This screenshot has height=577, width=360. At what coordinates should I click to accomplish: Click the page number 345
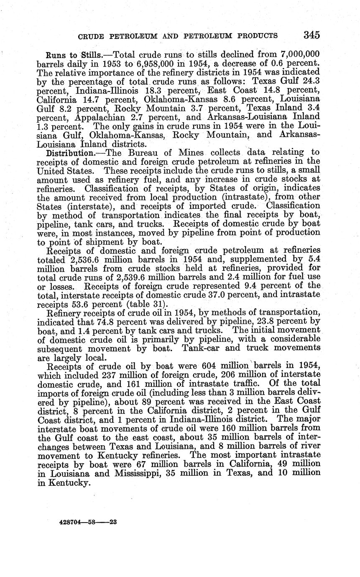312,35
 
